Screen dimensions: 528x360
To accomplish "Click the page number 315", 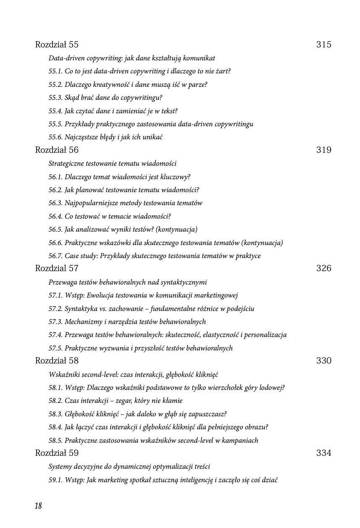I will [x=323, y=45].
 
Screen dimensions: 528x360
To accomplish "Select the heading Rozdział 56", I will [x=57, y=150].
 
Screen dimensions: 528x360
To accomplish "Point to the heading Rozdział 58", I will [x=57, y=361].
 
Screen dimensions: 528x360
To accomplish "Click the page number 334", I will [x=323, y=453].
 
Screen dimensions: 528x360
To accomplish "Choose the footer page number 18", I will [x=38, y=506].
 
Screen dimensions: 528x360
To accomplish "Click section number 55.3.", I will [x=55, y=98].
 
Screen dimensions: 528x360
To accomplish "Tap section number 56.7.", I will [x=55, y=256].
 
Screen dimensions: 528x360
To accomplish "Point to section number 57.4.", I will [x=55, y=335].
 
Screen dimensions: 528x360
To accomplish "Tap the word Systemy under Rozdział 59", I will [x=61, y=467].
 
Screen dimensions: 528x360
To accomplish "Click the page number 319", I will [x=323, y=150].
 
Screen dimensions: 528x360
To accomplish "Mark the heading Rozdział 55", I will [x=57, y=45].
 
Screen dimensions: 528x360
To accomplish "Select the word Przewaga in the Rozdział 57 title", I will [x=62, y=282].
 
